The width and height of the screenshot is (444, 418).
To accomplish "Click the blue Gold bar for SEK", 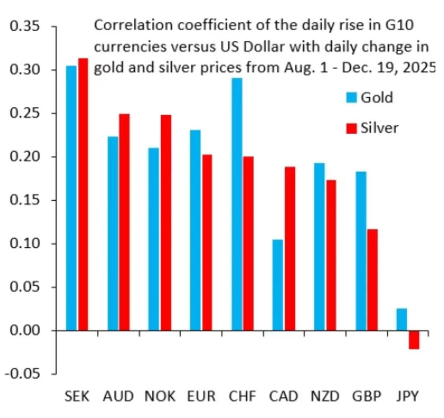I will pyautogui.click(x=71, y=198).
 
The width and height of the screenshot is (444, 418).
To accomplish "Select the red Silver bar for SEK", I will pyautogui.click(x=82, y=194).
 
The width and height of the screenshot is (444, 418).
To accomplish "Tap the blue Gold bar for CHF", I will pyautogui.click(x=237, y=204).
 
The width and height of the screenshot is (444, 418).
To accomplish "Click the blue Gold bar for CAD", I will pyautogui.click(x=278, y=285).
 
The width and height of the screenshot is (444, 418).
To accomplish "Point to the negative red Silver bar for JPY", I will pyautogui.click(x=414, y=340).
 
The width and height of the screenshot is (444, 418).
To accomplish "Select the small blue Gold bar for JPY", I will pyautogui.click(x=402, y=319).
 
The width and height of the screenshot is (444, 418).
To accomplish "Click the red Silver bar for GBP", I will pyautogui.click(x=372, y=280).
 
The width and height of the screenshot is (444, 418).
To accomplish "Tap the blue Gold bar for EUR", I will pyautogui.click(x=195, y=230).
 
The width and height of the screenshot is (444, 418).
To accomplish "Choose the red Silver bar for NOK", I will pyautogui.click(x=165, y=223).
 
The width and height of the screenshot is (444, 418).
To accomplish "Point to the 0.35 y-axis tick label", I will pyautogui.click(x=25, y=27).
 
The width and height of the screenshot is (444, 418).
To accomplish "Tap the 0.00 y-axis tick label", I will pyautogui.click(x=25, y=331).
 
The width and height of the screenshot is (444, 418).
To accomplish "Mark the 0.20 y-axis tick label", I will pyautogui.click(x=25, y=157).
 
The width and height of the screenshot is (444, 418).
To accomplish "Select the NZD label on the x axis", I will pyautogui.click(x=325, y=396).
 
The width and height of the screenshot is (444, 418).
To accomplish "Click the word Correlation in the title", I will pyautogui.click(x=129, y=26).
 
